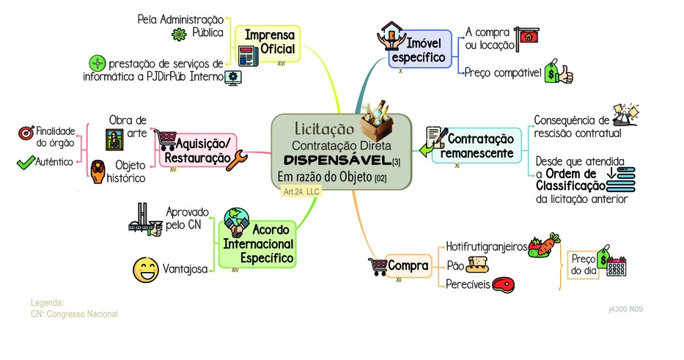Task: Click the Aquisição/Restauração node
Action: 199,150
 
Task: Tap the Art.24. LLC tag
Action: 301,191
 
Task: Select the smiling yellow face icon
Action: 146,270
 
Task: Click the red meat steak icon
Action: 504,284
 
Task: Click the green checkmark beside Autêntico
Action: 26,162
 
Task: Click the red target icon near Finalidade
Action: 26,133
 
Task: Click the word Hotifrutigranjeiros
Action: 486,246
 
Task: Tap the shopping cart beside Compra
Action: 378,266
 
